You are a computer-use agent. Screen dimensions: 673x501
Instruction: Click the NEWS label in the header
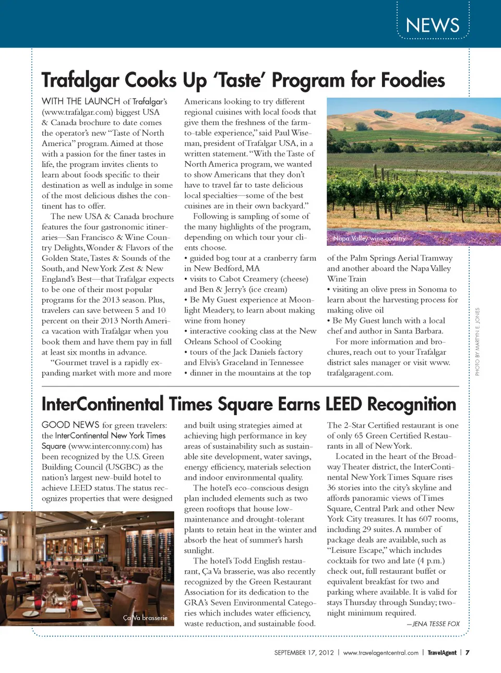click(x=433, y=25)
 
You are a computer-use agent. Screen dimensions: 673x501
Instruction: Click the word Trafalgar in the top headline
click(x=80, y=80)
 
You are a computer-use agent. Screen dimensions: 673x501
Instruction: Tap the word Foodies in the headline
click(x=413, y=80)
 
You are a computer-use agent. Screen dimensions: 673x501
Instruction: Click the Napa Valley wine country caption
click(x=369, y=238)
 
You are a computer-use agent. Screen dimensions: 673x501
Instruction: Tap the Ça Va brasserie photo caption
click(x=145, y=618)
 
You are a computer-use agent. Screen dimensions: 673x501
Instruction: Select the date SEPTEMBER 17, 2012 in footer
click(x=304, y=653)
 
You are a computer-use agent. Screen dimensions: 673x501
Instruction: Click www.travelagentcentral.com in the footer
click(x=381, y=653)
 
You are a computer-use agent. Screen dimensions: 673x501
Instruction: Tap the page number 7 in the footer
click(x=468, y=653)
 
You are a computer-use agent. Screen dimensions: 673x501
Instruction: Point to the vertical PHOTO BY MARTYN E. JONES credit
click(x=477, y=342)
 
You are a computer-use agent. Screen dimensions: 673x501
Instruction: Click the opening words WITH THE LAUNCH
click(x=81, y=101)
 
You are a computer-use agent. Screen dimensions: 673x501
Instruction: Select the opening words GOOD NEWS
click(x=70, y=425)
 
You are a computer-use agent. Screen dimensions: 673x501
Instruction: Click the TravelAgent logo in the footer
click(x=442, y=653)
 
